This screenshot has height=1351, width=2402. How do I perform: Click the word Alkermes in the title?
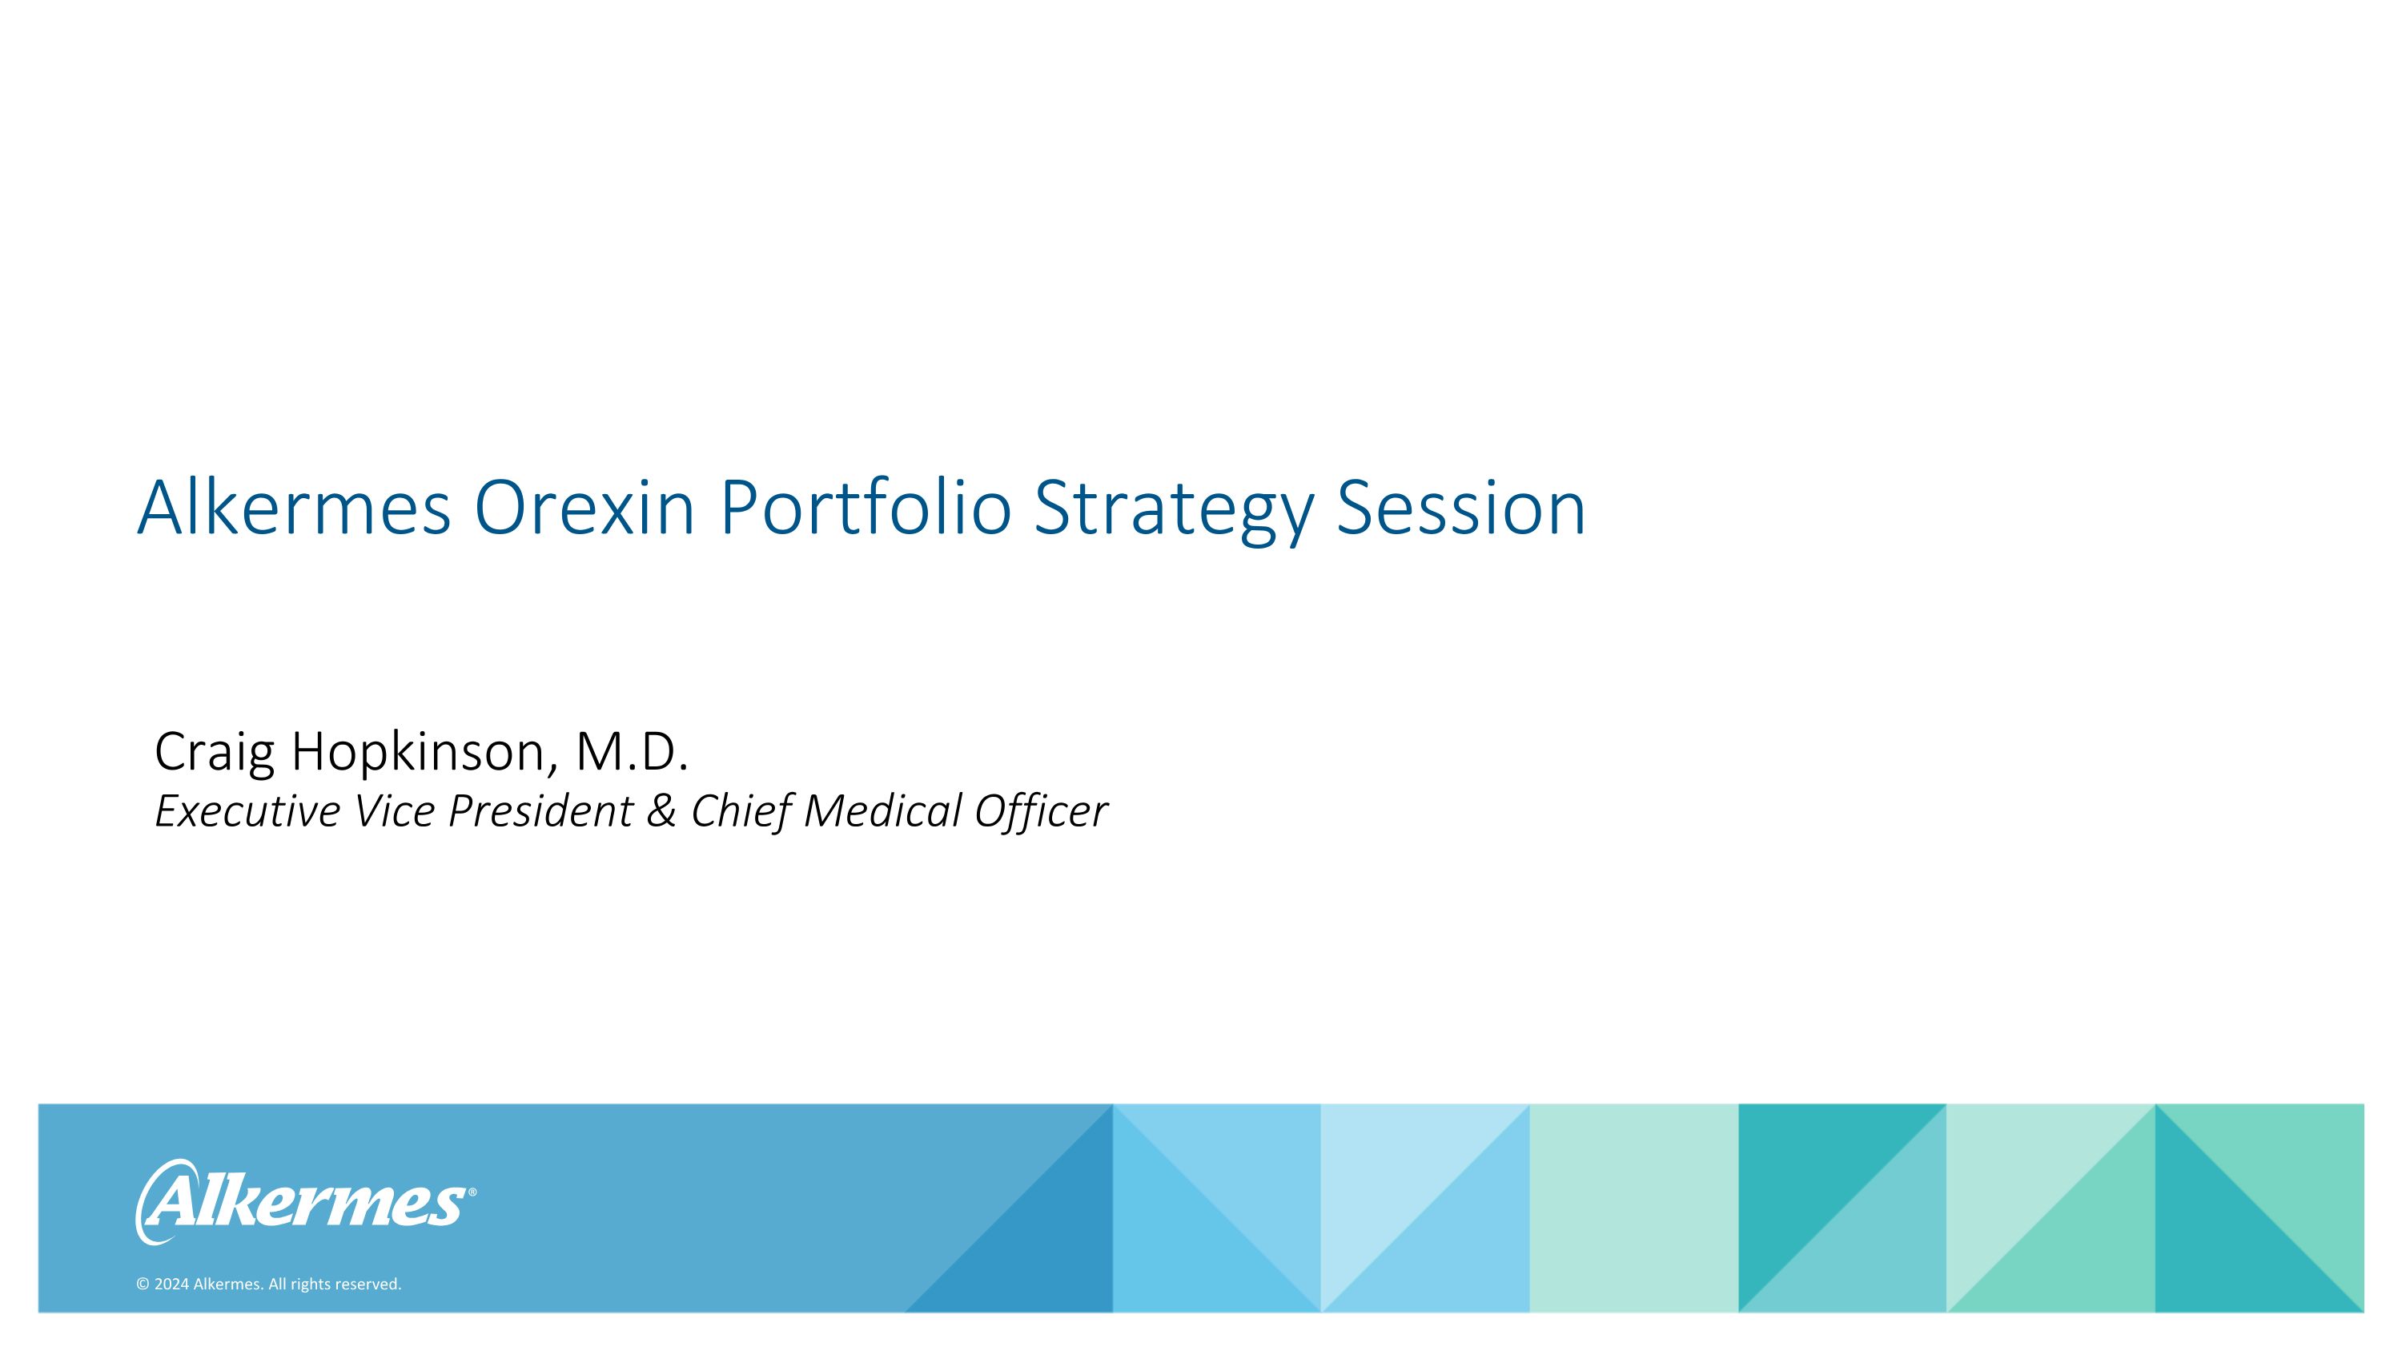294,509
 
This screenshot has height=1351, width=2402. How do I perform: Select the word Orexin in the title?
584,509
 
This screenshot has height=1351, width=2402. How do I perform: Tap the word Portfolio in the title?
865,509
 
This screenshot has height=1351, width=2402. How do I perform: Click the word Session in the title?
1460,509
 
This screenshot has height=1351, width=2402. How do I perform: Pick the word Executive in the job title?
248,810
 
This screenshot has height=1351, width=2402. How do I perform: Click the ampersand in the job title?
661,810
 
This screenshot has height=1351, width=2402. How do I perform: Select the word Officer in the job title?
1041,810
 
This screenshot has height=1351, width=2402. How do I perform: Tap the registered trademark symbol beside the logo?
472,1192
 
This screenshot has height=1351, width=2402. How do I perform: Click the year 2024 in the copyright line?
171,1285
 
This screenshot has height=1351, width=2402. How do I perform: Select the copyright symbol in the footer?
143,1285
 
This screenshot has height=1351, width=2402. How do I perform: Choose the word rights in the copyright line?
311,1285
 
